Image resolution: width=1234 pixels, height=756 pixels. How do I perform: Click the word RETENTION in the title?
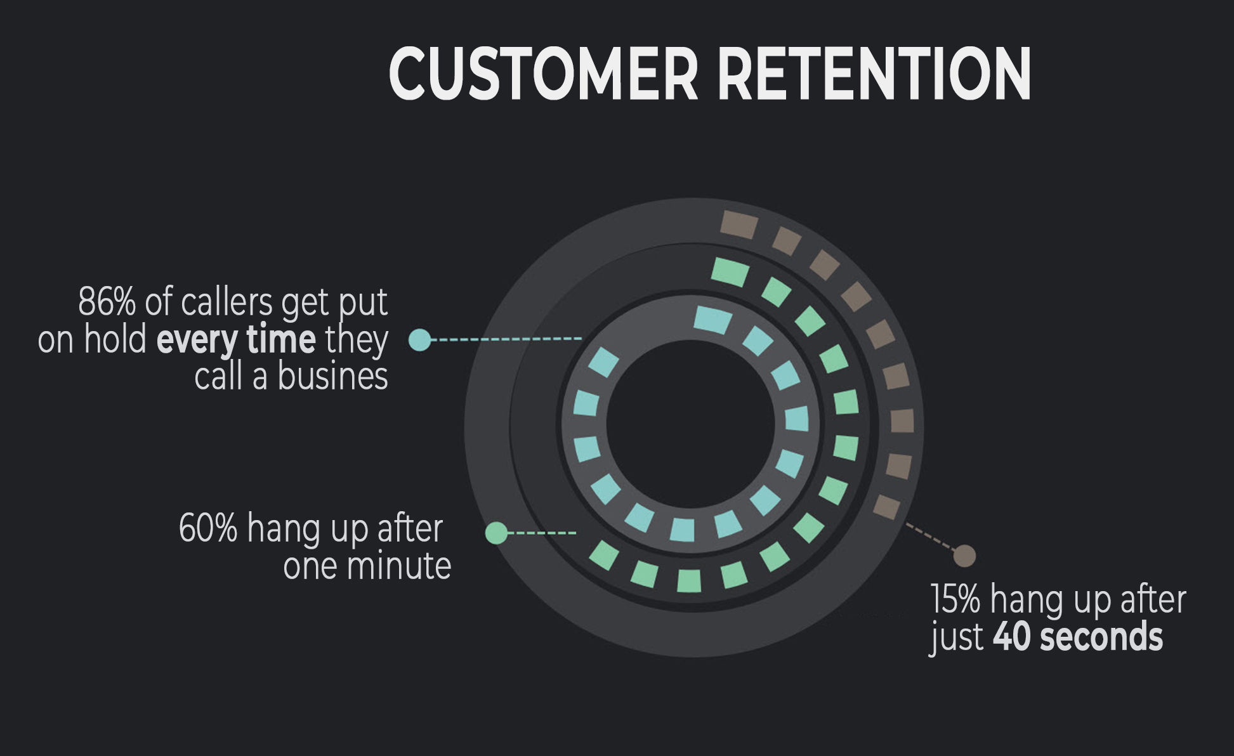[874, 73]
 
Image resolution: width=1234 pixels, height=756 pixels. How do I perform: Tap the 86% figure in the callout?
[107, 302]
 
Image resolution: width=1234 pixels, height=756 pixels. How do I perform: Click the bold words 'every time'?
[236, 341]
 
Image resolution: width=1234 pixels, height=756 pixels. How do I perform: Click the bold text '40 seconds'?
[1078, 637]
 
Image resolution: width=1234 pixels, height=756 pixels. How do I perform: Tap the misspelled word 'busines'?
[332, 377]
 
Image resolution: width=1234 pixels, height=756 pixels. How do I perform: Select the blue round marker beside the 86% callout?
[419, 340]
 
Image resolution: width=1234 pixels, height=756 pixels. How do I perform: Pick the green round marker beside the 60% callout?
[496, 533]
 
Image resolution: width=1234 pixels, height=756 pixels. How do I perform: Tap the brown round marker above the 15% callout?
[965, 556]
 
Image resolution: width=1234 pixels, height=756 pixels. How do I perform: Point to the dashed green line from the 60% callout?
[542, 533]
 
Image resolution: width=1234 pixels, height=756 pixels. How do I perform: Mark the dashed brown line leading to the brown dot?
[930, 537]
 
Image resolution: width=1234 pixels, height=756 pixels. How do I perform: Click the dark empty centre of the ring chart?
[691, 424]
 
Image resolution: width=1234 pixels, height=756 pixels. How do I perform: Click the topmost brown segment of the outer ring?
[739, 225]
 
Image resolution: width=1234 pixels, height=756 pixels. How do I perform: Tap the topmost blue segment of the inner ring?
[712, 320]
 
